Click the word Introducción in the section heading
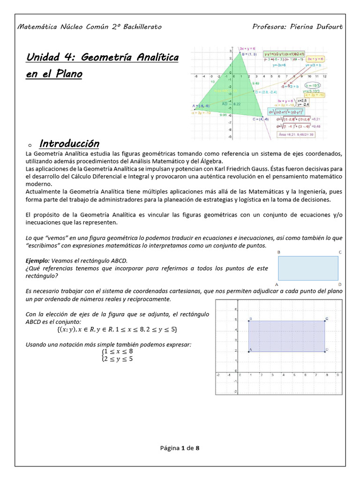(x=69, y=143)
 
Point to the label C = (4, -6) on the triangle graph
(x=261, y=119)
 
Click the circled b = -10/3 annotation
(x=312, y=86)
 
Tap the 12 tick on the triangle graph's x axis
(x=324, y=75)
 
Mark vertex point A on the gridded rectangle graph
(x=248, y=351)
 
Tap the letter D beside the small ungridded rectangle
(x=340, y=284)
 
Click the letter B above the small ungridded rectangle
(x=279, y=252)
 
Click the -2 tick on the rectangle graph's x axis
(x=218, y=375)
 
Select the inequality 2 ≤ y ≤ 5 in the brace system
(x=119, y=359)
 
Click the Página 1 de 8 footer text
(x=180, y=448)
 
